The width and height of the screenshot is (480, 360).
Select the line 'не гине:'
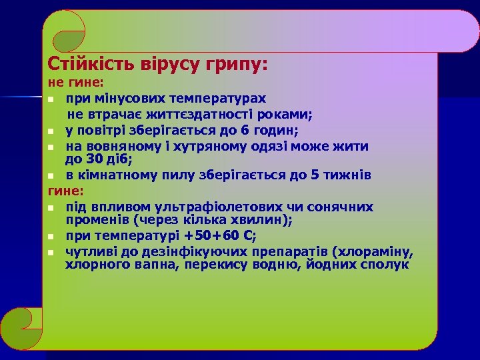tap(75, 84)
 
